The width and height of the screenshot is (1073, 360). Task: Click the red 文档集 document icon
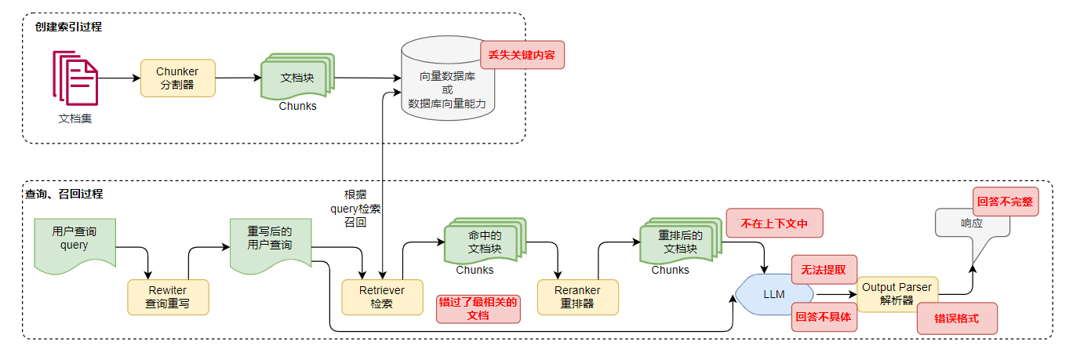[x=75, y=78]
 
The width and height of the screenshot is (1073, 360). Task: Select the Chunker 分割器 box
[x=177, y=78]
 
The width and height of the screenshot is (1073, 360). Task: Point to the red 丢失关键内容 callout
[x=522, y=55]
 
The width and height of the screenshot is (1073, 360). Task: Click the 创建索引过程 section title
[x=68, y=27]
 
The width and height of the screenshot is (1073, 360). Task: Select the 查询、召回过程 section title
[x=64, y=194]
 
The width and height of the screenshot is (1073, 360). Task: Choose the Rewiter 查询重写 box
[x=168, y=297]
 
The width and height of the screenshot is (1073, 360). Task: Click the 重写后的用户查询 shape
[x=270, y=242]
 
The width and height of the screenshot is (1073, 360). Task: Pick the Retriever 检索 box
[x=381, y=297]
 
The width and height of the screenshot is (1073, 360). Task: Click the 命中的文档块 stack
[x=484, y=242]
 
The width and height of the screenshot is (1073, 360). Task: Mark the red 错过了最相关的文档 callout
[x=478, y=309]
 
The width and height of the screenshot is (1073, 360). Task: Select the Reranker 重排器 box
[x=577, y=297]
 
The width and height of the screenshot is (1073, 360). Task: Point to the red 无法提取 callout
[x=824, y=269]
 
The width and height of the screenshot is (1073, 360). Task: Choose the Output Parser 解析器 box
[x=897, y=293]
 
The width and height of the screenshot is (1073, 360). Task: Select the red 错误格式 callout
[x=956, y=319]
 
